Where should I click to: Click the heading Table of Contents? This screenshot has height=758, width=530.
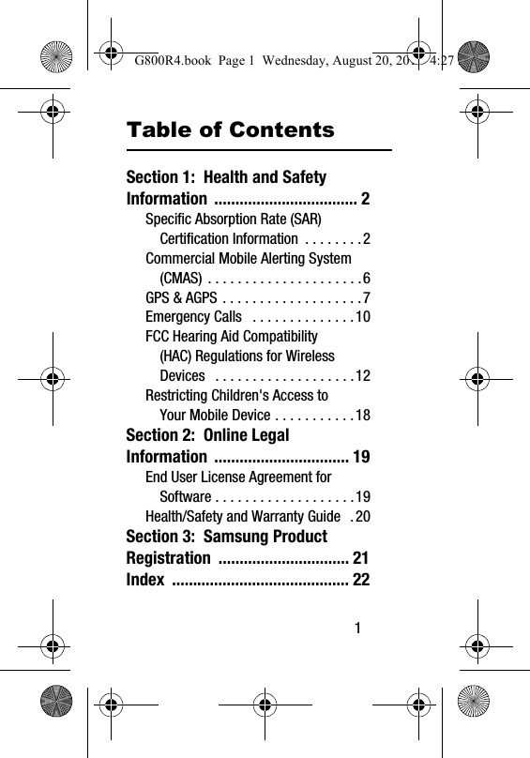(x=230, y=129)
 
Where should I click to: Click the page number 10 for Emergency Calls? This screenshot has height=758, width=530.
(x=362, y=317)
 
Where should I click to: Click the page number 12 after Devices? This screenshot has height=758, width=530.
(x=362, y=376)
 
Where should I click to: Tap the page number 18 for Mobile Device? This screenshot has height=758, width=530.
(x=362, y=416)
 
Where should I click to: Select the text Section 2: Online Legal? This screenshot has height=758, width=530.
(x=207, y=435)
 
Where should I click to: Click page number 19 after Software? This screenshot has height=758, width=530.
(x=362, y=496)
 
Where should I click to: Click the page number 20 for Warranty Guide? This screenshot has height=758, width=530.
(x=362, y=516)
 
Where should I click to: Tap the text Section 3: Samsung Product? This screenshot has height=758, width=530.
(x=226, y=537)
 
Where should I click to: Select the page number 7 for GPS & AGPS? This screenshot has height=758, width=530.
(x=366, y=297)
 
